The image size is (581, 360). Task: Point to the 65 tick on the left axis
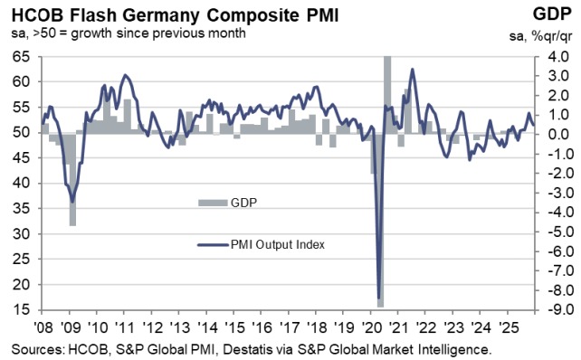click(19, 56)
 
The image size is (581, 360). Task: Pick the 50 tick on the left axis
click(19, 132)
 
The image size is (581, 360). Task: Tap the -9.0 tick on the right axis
click(546, 310)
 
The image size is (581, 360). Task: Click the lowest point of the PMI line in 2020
click(378, 297)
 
